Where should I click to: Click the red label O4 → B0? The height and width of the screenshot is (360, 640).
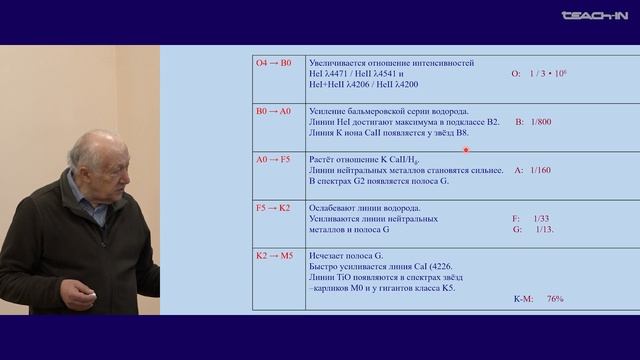273,63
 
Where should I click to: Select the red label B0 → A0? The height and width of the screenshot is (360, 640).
273,109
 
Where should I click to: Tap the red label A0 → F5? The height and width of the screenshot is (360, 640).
273,157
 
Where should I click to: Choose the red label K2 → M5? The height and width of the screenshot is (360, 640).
274,255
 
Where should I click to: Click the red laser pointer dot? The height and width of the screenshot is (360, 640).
466,150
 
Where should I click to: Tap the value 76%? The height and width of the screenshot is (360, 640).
556,298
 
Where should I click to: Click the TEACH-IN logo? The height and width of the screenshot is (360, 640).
594,14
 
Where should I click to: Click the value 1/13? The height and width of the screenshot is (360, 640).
545,229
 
